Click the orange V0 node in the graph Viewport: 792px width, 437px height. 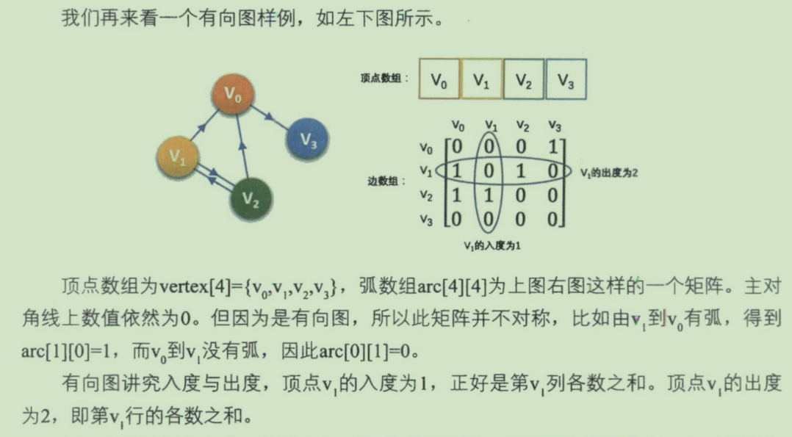(x=234, y=94)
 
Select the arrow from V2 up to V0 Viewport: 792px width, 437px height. (x=242, y=147)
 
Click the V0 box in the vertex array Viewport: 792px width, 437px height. (x=439, y=80)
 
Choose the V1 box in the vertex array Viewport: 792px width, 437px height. (x=481, y=80)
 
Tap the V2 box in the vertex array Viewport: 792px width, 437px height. (x=523, y=80)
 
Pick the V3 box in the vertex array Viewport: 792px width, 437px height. (x=565, y=80)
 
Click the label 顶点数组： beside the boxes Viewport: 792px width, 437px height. (x=385, y=78)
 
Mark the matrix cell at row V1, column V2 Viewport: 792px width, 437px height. (x=522, y=171)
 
